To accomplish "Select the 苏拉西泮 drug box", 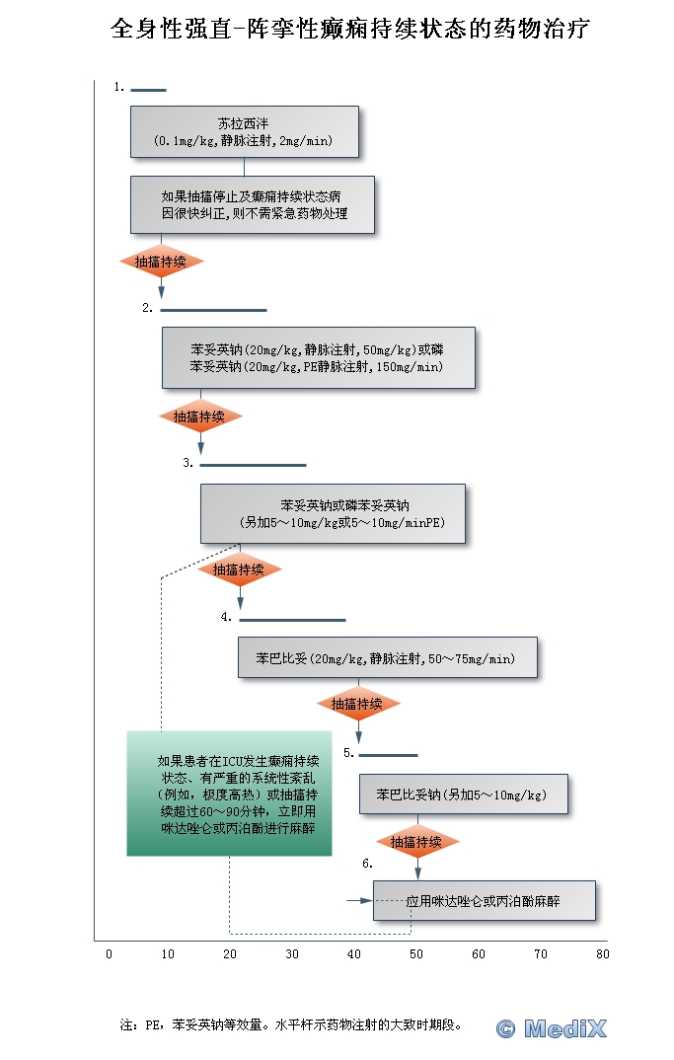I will [244, 132].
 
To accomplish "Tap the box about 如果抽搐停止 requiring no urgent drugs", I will [253, 204].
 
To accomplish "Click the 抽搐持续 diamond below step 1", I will [161, 262].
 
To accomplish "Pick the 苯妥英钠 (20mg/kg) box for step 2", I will [318, 357].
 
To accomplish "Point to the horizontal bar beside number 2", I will [213, 310].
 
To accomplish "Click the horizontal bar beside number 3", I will [253, 464].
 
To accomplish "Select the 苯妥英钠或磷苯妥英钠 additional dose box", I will [333, 513].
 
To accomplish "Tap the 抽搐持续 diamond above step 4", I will [239, 569].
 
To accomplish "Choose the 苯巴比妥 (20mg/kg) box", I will [387, 657].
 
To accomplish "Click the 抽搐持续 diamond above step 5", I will [357, 704].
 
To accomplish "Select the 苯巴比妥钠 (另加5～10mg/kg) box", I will [463, 794].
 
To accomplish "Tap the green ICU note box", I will [228, 794].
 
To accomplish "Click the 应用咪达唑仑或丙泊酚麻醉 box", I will [484, 901].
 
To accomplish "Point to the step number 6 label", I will [367, 864].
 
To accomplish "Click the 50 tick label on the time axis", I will [416, 954].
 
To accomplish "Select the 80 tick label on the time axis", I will [602, 954].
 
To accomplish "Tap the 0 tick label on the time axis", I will [109, 954].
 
